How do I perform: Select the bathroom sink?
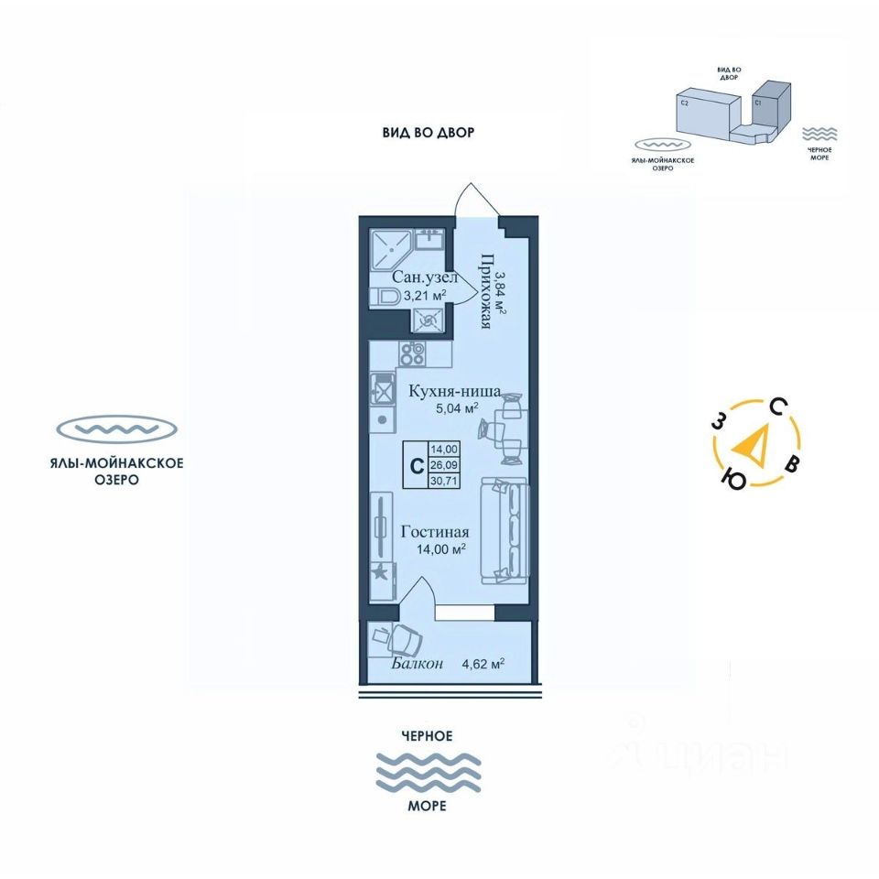429,240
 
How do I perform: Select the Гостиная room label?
435,532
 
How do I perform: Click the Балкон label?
418,664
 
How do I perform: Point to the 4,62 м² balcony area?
483,664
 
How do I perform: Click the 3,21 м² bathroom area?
419,296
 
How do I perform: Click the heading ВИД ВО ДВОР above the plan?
429,133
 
